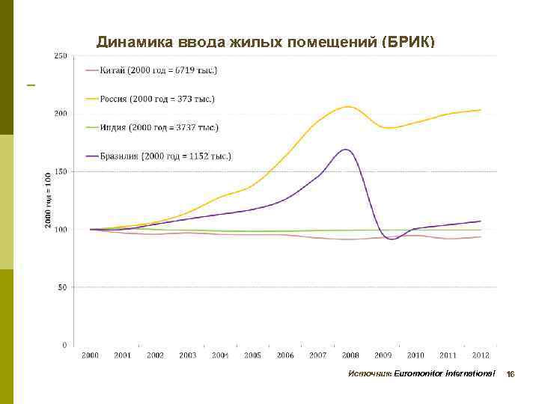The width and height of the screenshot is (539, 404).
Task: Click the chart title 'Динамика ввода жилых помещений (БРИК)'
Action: (x=265, y=42)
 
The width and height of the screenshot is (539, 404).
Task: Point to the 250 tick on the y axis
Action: (x=60, y=56)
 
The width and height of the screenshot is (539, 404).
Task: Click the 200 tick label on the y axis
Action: (x=60, y=114)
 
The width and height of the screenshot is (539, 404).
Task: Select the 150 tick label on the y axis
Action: (x=60, y=171)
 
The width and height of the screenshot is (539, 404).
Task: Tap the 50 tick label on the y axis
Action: (x=62, y=287)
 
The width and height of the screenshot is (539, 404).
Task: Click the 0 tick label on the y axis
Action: (x=64, y=345)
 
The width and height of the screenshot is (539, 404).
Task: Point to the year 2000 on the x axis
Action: (x=90, y=355)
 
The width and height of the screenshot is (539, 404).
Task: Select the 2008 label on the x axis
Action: (x=350, y=355)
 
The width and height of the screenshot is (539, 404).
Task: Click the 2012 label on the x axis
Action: (x=480, y=355)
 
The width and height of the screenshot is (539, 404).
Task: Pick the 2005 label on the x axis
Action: (x=252, y=355)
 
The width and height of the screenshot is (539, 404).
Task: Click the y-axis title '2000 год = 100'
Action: (x=47, y=200)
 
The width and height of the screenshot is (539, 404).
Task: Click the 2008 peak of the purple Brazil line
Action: (x=344, y=150)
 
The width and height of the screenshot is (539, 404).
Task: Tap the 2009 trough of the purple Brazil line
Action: (x=392, y=239)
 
